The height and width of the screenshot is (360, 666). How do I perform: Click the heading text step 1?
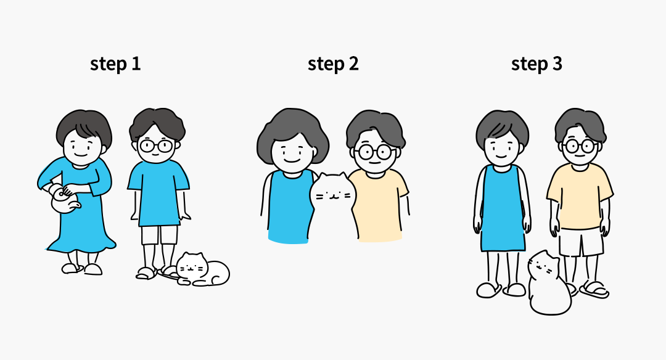[115, 64]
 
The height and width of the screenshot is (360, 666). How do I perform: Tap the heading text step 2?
[333, 64]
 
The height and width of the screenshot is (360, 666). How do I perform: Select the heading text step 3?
[536, 64]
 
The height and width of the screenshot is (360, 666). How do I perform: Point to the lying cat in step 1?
[203, 269]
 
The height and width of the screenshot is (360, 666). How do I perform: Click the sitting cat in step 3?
[549, 283]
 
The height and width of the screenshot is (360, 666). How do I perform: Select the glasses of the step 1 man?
[156, 145]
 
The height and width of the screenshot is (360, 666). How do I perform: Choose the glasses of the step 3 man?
[579, 147]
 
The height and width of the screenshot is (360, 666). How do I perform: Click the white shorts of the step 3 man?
[581, 242]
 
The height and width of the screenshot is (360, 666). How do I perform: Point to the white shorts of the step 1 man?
[159, 235]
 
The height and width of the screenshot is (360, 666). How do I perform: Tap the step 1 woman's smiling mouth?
[80, 155]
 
